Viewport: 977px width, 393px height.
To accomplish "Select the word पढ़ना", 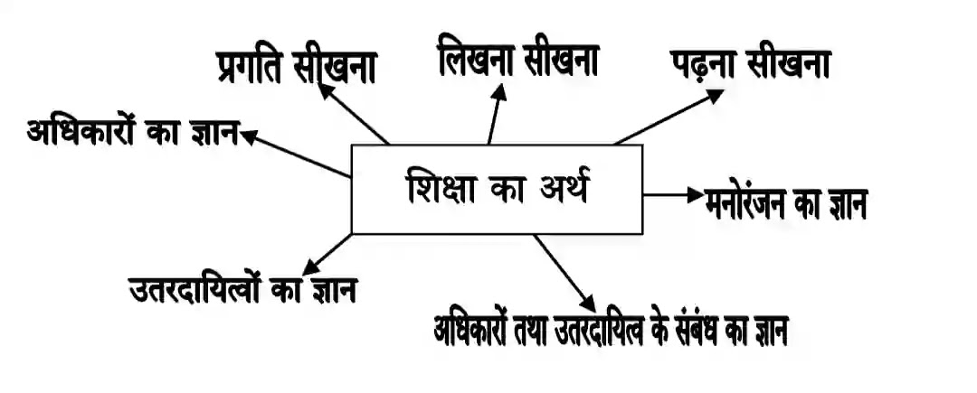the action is coord(704,66).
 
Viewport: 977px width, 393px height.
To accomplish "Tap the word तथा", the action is coord(543,331).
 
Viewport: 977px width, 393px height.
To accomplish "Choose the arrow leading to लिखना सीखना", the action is coord(494,117).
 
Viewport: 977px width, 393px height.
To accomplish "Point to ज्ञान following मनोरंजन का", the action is coord(843,206).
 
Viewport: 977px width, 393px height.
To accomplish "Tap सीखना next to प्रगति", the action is coord(338,69).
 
